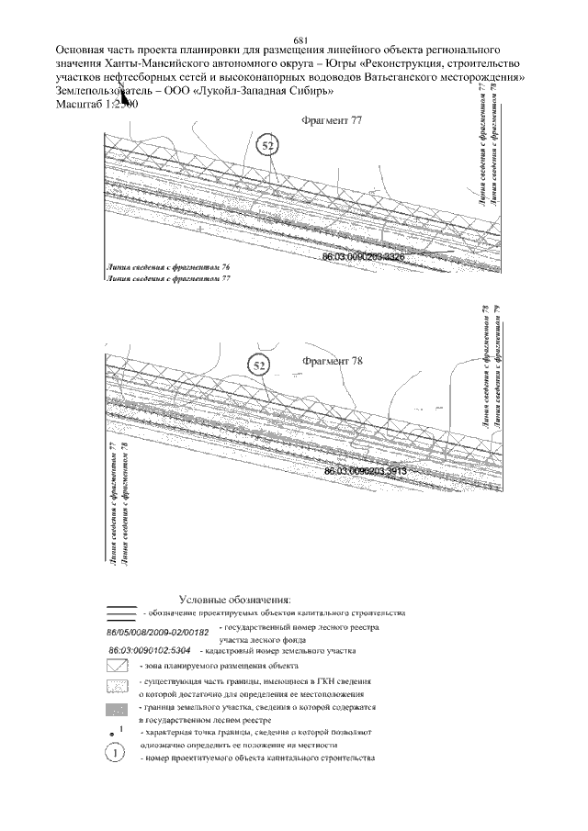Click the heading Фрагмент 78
[x=333, y=361]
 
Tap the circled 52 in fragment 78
[x=260, y=365]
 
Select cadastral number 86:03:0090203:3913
[x=365, y=470]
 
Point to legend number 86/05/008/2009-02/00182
[x=159, y=632]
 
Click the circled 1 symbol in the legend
[x=116, y=753]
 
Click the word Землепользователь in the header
[x=106, y=92]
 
